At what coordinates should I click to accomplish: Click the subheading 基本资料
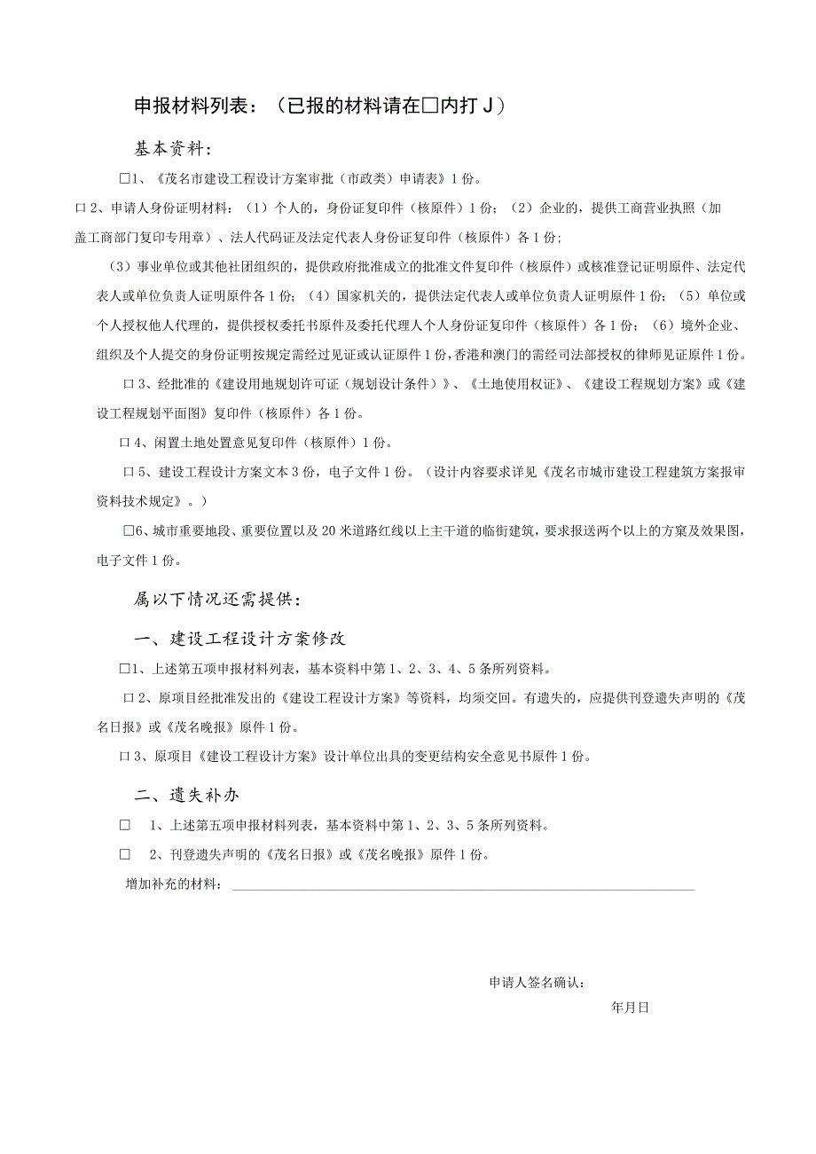tap(173, 147)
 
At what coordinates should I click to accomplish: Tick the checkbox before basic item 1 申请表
tap(125, 178)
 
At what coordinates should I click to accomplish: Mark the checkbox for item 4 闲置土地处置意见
tap(124, 442)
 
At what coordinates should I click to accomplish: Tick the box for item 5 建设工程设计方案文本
tap(128, 471)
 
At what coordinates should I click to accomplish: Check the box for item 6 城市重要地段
tap(129, 531)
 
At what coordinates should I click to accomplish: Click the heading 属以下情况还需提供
tap(216, 600)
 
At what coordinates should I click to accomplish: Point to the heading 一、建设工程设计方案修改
tap(239, 639)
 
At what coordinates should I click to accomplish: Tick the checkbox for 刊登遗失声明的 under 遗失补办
tap(125, 855)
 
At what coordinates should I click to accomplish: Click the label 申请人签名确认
tap(537, 983)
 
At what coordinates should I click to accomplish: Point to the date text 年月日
tap(631, 1008)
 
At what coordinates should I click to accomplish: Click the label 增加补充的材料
tap(174, 885)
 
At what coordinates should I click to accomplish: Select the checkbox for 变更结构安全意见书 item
tap(124, 757)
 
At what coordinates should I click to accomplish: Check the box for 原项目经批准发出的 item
tap(128, 697)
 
